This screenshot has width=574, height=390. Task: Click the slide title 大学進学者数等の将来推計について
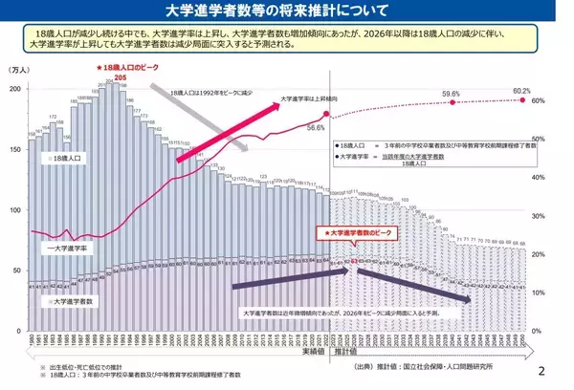287,12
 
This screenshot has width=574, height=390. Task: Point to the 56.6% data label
316,126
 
